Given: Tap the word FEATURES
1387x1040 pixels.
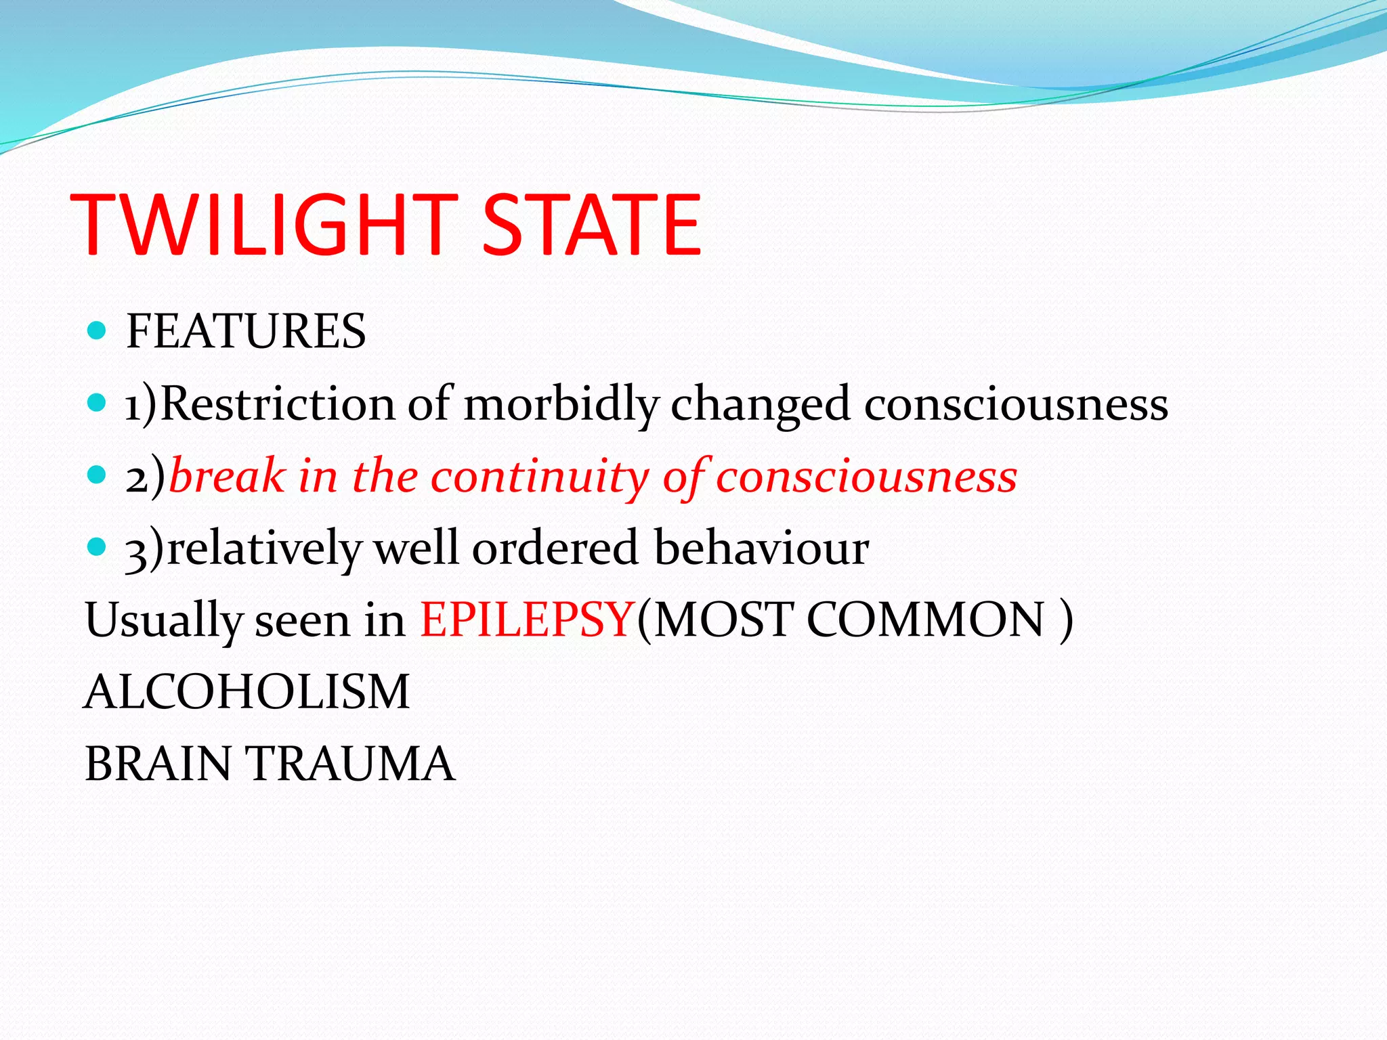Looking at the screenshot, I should click(x=246, y=332).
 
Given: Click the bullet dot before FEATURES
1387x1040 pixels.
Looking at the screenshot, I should click(x=98, y=330).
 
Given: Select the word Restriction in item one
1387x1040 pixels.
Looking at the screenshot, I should click(x=278, y=404).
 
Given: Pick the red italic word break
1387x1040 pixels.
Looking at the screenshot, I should click(x=227, y=476).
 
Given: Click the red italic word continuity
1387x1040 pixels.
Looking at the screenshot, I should click(x=540, y=476).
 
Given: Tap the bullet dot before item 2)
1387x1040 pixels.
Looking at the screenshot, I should click(x=98, y=474).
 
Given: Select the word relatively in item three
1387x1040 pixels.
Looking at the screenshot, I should click(x=264, y=548).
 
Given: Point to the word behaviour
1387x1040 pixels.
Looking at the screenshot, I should click(x=761, y=548).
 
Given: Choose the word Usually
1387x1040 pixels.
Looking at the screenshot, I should click(x=163, y=620).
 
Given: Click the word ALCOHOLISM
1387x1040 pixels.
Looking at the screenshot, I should click(x=247, y=692).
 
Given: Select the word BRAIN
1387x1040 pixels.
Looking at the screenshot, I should click(x=158, y=764).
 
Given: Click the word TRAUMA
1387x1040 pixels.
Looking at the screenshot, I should click(x=352, y=764).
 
